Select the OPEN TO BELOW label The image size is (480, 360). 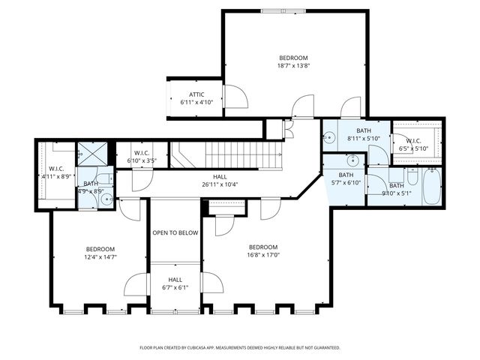pyautogui.click(x=175, y=232)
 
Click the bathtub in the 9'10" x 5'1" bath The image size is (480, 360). pyautogui.click(x=432, y=187)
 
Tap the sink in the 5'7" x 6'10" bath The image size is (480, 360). pyautogui.click(x=351, y=160)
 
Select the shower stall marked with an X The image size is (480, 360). pyautogui.click(x=96, y=154)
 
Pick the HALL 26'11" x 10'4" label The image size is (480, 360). pyautogui.click(x=220, y=181)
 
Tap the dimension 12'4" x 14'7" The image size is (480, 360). pyautogui.click(x=100, y=257)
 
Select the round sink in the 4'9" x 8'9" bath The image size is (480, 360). pyautogui.click(x=106, y=199)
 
